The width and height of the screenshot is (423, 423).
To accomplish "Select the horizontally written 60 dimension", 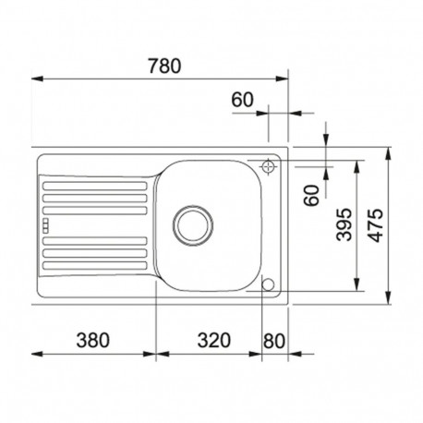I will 241,99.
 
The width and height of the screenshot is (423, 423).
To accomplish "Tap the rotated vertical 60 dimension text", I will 311,195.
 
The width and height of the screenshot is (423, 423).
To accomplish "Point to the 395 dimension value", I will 344,224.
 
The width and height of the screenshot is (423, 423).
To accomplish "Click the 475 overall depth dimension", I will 375,224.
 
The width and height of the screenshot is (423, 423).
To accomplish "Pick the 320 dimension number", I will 213,339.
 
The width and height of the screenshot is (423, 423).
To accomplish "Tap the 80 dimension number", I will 274,339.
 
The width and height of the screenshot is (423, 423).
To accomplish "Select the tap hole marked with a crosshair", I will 270,166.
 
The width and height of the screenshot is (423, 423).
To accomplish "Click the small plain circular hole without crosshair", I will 270,284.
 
